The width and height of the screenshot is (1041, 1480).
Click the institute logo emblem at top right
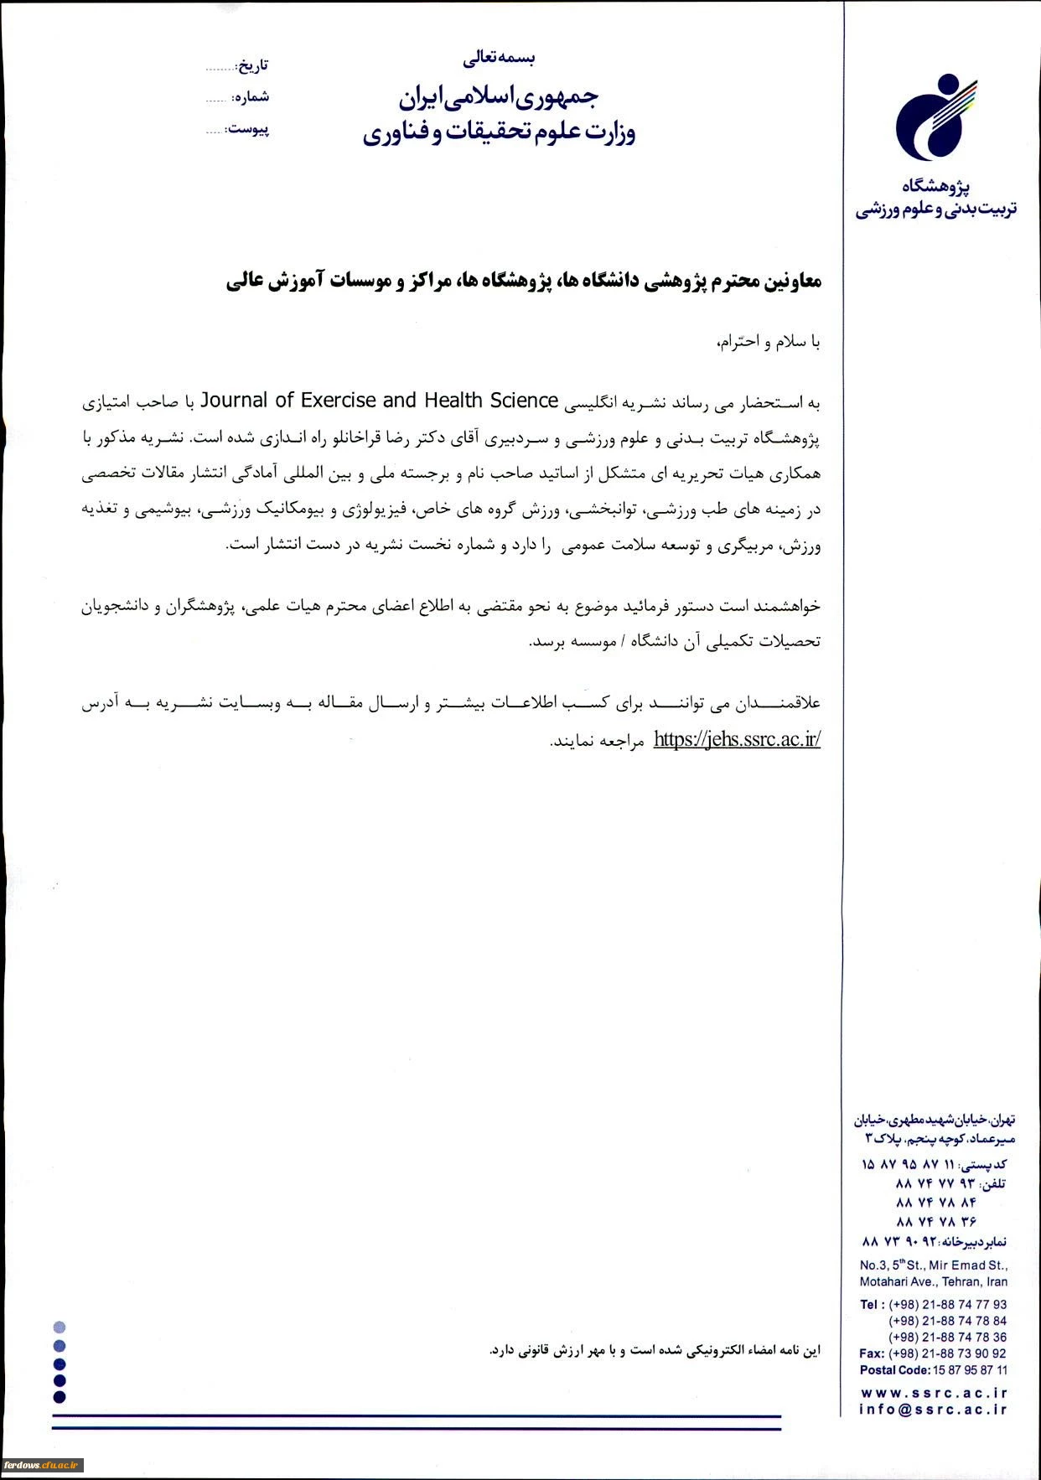(x=935, y=117)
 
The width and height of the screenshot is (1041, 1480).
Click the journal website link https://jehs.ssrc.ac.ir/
(x=736, y=739)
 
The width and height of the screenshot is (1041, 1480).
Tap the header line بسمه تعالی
(x=499, y=58)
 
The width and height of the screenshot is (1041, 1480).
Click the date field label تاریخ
(x=252, y=65)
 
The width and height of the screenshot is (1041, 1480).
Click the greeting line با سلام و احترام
(x=769, y=342)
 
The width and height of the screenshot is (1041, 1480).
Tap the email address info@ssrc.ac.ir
(x=933, y=1410)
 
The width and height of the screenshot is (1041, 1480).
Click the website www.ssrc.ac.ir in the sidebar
(x=934, y=1392)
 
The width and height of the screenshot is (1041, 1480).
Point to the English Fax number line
(x=933, y=1353)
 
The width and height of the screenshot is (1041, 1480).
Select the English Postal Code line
(x=933, y=1370)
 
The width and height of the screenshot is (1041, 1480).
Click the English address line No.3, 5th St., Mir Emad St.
(x=933, y=1265)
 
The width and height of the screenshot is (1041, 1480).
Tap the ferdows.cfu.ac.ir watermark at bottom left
(x=41, y=1464)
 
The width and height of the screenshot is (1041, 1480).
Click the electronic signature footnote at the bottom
(x=655, y=1350)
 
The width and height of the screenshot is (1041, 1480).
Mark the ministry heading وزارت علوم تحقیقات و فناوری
(x=499, y=132)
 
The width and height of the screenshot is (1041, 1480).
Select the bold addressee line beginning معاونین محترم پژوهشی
(x=523, y=282)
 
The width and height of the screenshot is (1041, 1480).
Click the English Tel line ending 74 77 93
(x=933, y=1304)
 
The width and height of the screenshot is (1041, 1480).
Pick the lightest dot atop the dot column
(x=59, y=1327)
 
